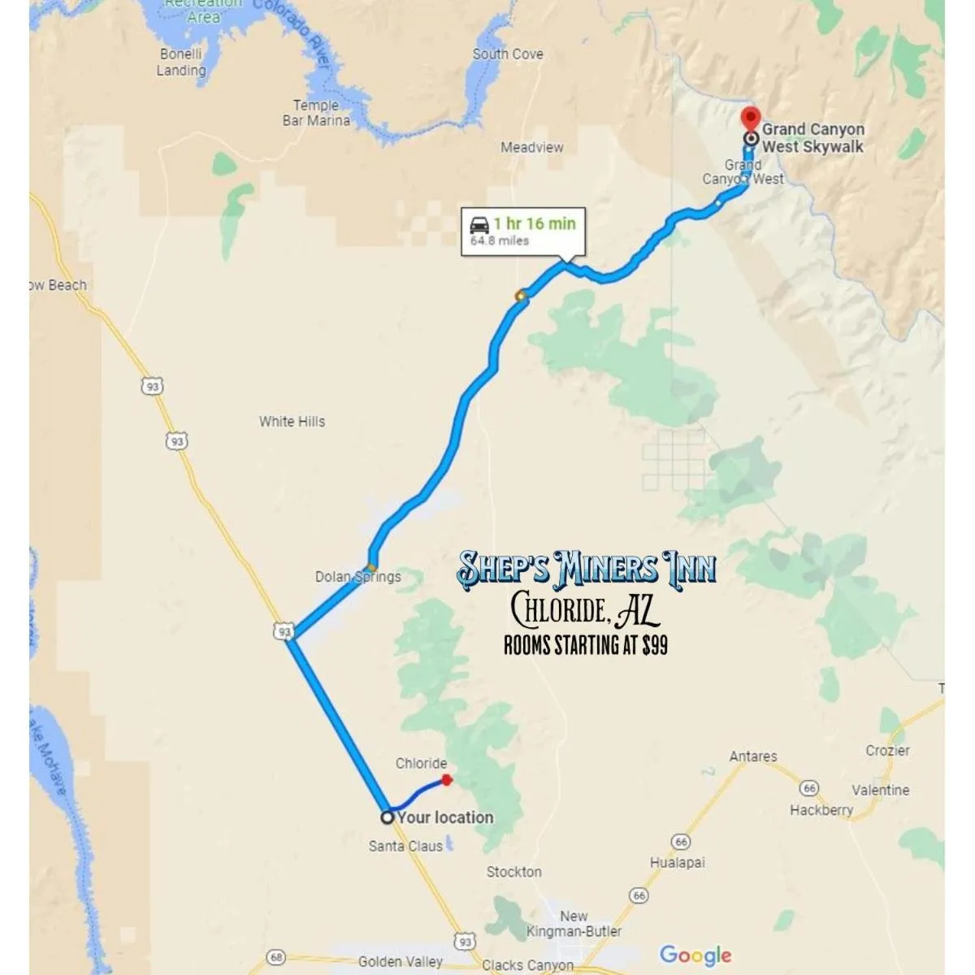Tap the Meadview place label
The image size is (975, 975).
[531, 147]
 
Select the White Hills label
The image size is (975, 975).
[292, 421]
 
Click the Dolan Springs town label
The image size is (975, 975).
[357, 576]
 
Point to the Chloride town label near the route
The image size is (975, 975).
[421, 763]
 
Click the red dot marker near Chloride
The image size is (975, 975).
[446, 780]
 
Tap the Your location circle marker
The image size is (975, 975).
[388, 817]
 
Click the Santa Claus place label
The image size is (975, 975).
[405, 846]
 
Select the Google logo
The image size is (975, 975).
[695, 955]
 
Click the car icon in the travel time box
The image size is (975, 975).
[479, 224]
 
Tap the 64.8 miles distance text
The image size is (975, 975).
[500, 241]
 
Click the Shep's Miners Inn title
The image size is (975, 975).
[586, 568]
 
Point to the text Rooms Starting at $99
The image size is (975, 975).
[586, 645]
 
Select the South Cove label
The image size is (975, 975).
[508, 54]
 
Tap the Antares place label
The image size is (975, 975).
[753, 756]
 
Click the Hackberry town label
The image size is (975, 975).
[821, 809]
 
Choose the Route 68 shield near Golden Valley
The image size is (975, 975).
[276, 957]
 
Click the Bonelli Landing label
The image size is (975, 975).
[181, 62]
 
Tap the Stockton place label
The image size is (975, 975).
[513, 871]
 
